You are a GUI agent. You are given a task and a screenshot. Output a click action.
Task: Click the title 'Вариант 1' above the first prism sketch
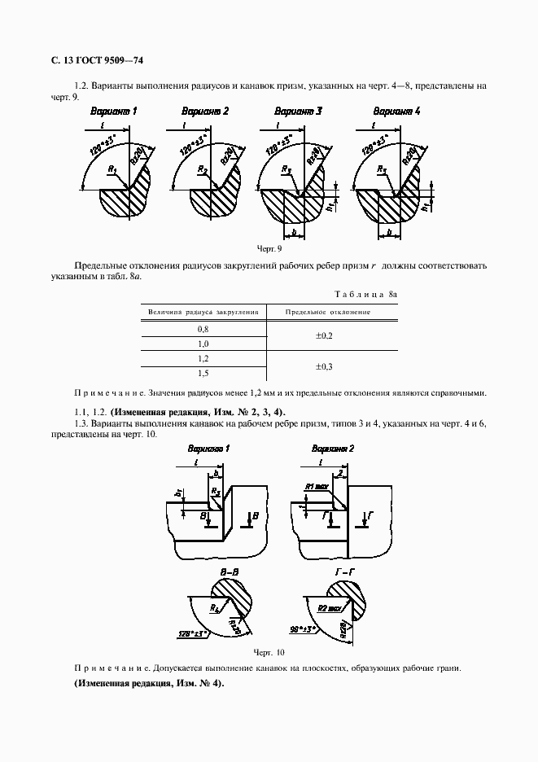[x=113, y=111]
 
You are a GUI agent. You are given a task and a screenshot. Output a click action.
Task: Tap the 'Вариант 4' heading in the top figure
[x=396, y=111]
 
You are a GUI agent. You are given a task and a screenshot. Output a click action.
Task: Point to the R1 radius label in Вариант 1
[x=112, y=169]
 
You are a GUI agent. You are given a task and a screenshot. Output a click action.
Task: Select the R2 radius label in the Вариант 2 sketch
[x=202, y=169]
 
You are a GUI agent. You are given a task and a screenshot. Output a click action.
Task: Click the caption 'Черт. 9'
[x=268, y=249]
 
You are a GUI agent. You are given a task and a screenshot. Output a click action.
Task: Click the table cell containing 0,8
[x=203, y=328]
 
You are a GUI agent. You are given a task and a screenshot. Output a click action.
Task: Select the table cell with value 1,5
[x=203, y=373]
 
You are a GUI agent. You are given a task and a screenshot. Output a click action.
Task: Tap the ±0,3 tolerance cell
[x=323, y=366]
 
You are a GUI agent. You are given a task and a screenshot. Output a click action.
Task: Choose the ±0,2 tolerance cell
[x=323, y=335]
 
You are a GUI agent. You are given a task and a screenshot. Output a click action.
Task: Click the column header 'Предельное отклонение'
[x=327, y=312]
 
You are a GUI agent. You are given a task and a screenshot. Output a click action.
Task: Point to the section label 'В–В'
[x=228, y=575]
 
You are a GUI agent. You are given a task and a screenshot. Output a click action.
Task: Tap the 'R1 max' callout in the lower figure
[x=317, y=486]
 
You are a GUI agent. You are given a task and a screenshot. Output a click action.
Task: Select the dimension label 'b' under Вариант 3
[x=300, y=233]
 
